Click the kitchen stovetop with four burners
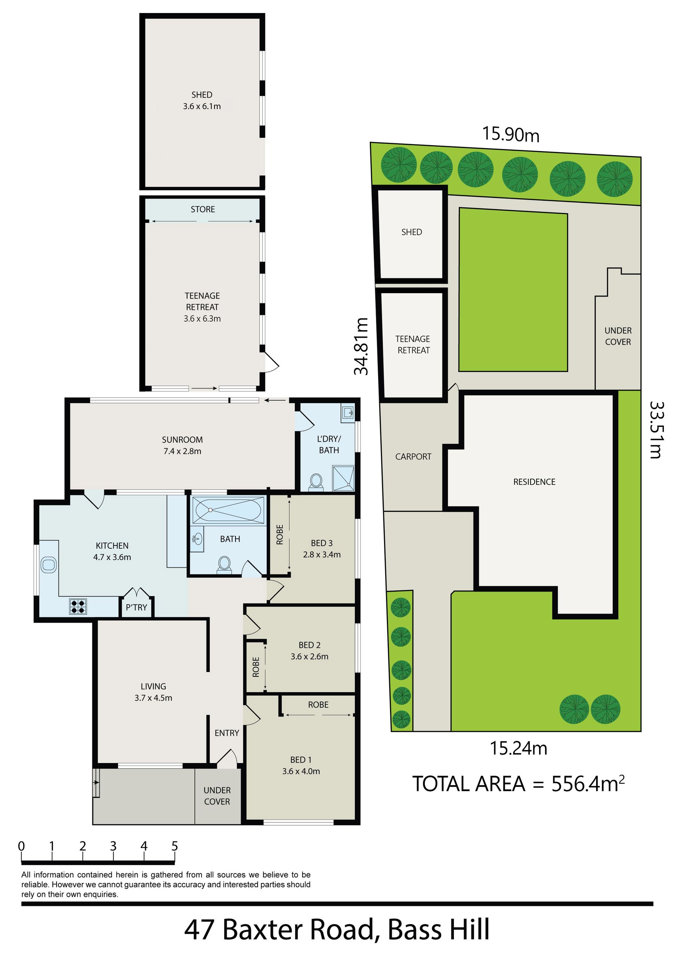click(78, 606)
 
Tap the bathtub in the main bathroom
click(229, 510)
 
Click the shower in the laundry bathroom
click(343, 478)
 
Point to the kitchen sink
click(48, 565)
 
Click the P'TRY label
click(136, 607)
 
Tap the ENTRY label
click(226, 733)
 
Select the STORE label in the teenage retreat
click(203, 209)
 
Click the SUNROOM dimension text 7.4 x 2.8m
click(183, 451)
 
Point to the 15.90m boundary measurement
click(511, 134)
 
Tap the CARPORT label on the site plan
click(413, 457)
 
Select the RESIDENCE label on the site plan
click(534, 482)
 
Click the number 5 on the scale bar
click(174, 846)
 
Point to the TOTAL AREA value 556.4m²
click(588, 784)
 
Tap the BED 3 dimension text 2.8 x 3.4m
click(322, 554)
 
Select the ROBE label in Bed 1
click(318, 705)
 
